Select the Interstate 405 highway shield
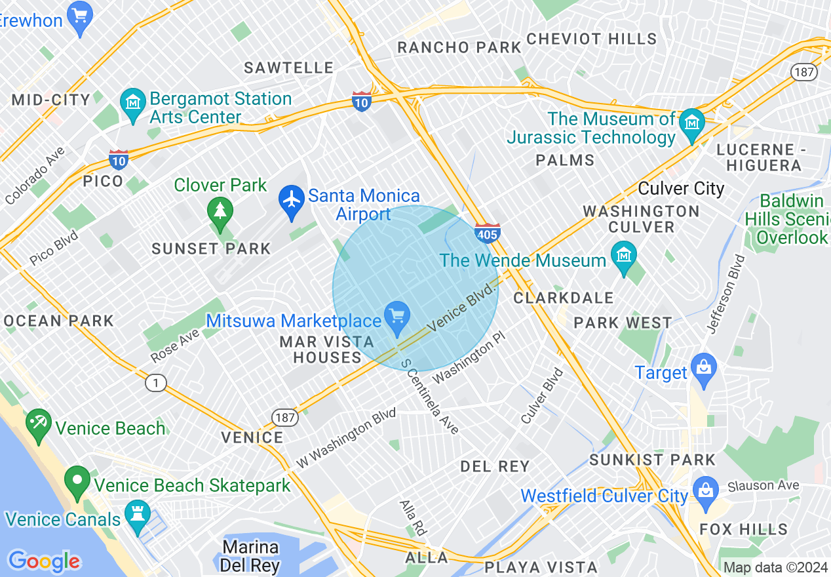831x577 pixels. coord(488,232)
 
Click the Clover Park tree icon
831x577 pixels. coord(220,212)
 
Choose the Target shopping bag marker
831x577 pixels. coord(704,368)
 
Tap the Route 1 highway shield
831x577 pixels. coord(156,383)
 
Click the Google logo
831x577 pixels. coord(44,561)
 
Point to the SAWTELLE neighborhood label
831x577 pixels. coord(289,68)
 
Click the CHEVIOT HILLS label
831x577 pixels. coord(591,39)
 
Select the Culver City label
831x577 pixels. coord(681,189)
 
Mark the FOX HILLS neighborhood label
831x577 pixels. coord(743,529)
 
